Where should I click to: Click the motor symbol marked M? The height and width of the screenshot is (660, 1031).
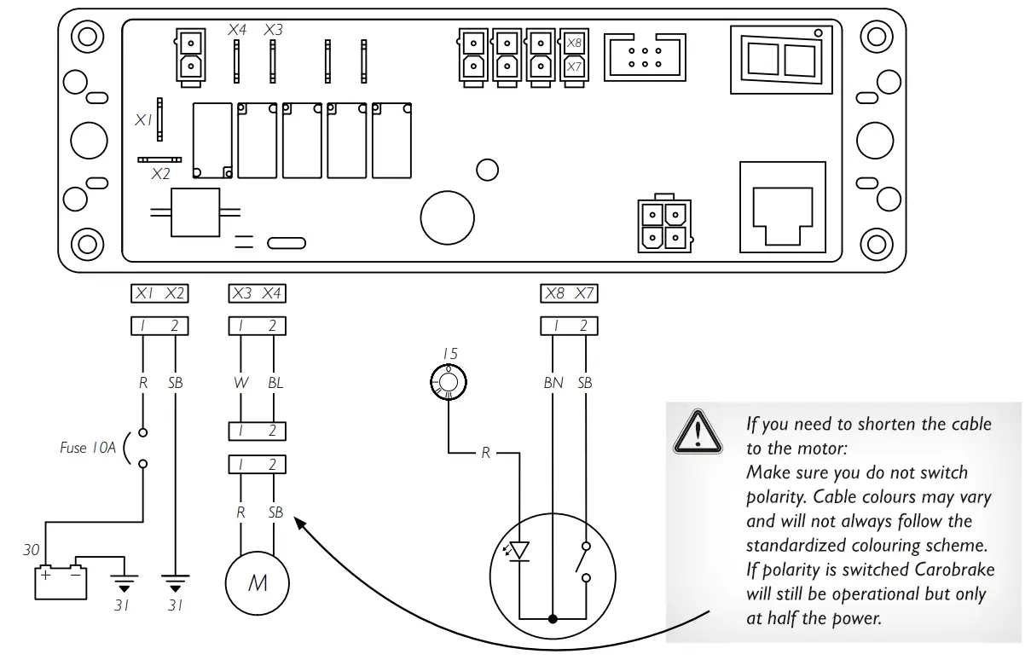[257, 584]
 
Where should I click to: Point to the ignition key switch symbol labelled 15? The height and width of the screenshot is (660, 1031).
[449, 381]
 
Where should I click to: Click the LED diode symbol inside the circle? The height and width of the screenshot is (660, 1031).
[518, 551]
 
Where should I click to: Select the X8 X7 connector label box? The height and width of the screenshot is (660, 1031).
[570, 293]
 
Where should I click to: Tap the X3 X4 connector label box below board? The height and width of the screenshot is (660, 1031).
[258, 293]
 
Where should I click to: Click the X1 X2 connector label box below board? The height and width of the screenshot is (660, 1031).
[159, 293]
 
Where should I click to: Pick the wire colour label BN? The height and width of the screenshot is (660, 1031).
[553, 383]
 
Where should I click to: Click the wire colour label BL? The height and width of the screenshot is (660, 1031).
[275, 383]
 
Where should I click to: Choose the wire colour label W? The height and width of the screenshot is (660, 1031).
[242, 383]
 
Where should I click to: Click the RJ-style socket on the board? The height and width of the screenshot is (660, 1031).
[782, 207]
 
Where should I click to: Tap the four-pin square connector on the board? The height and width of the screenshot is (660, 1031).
[663, 225]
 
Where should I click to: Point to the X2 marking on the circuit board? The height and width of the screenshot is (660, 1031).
[160, 174]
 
